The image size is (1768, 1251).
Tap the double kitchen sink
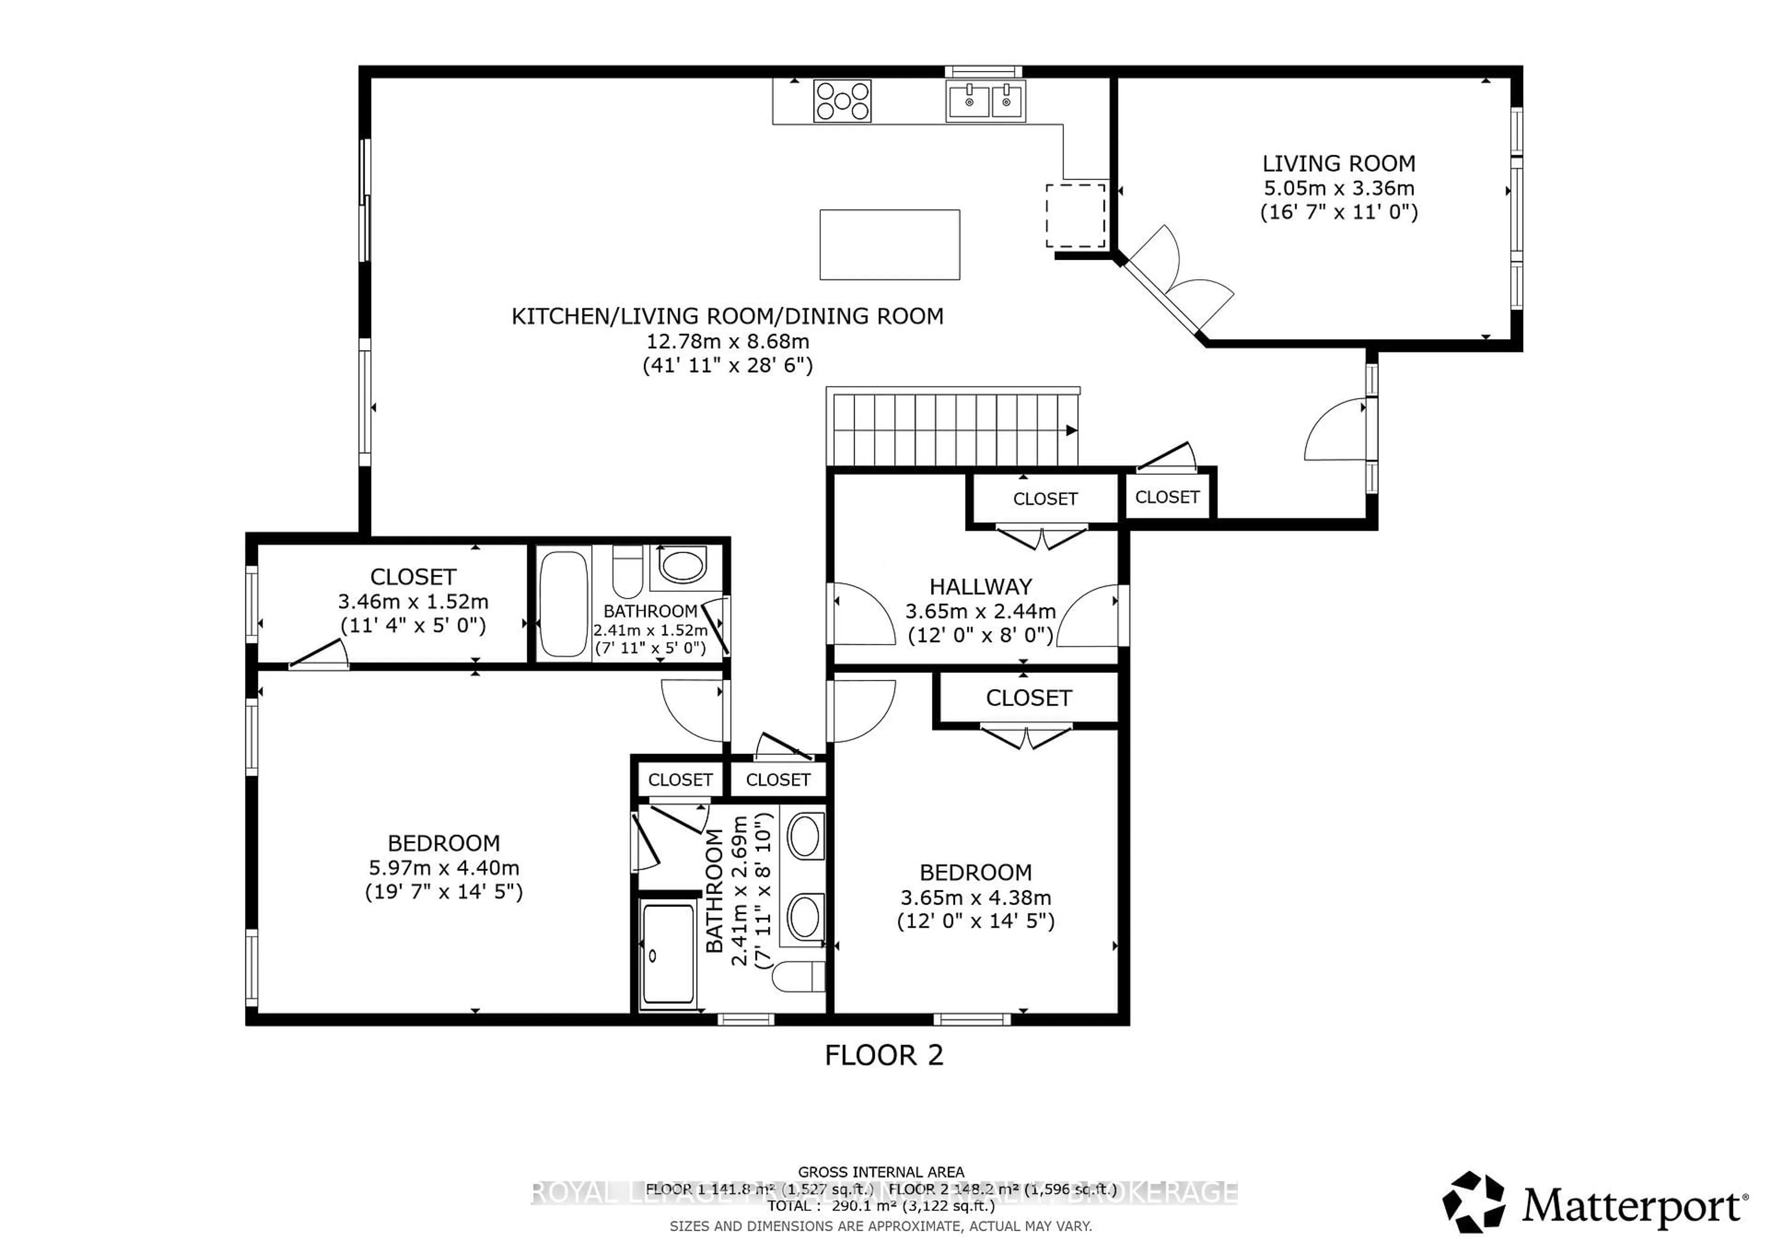pos(985,101)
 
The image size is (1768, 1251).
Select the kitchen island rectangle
pos(890,244)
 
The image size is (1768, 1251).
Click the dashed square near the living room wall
pos(1075,216)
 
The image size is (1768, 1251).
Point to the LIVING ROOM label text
pos(1338,164)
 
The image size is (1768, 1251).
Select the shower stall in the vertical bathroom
pos(668,955)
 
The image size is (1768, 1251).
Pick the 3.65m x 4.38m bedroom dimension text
pos(976,897)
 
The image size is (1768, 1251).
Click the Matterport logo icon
pos(1473,1203)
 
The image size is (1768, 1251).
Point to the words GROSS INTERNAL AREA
pos(881,1172)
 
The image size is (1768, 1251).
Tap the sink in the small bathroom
pos(682,566)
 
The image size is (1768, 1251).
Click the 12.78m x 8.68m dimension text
pos(727,340)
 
